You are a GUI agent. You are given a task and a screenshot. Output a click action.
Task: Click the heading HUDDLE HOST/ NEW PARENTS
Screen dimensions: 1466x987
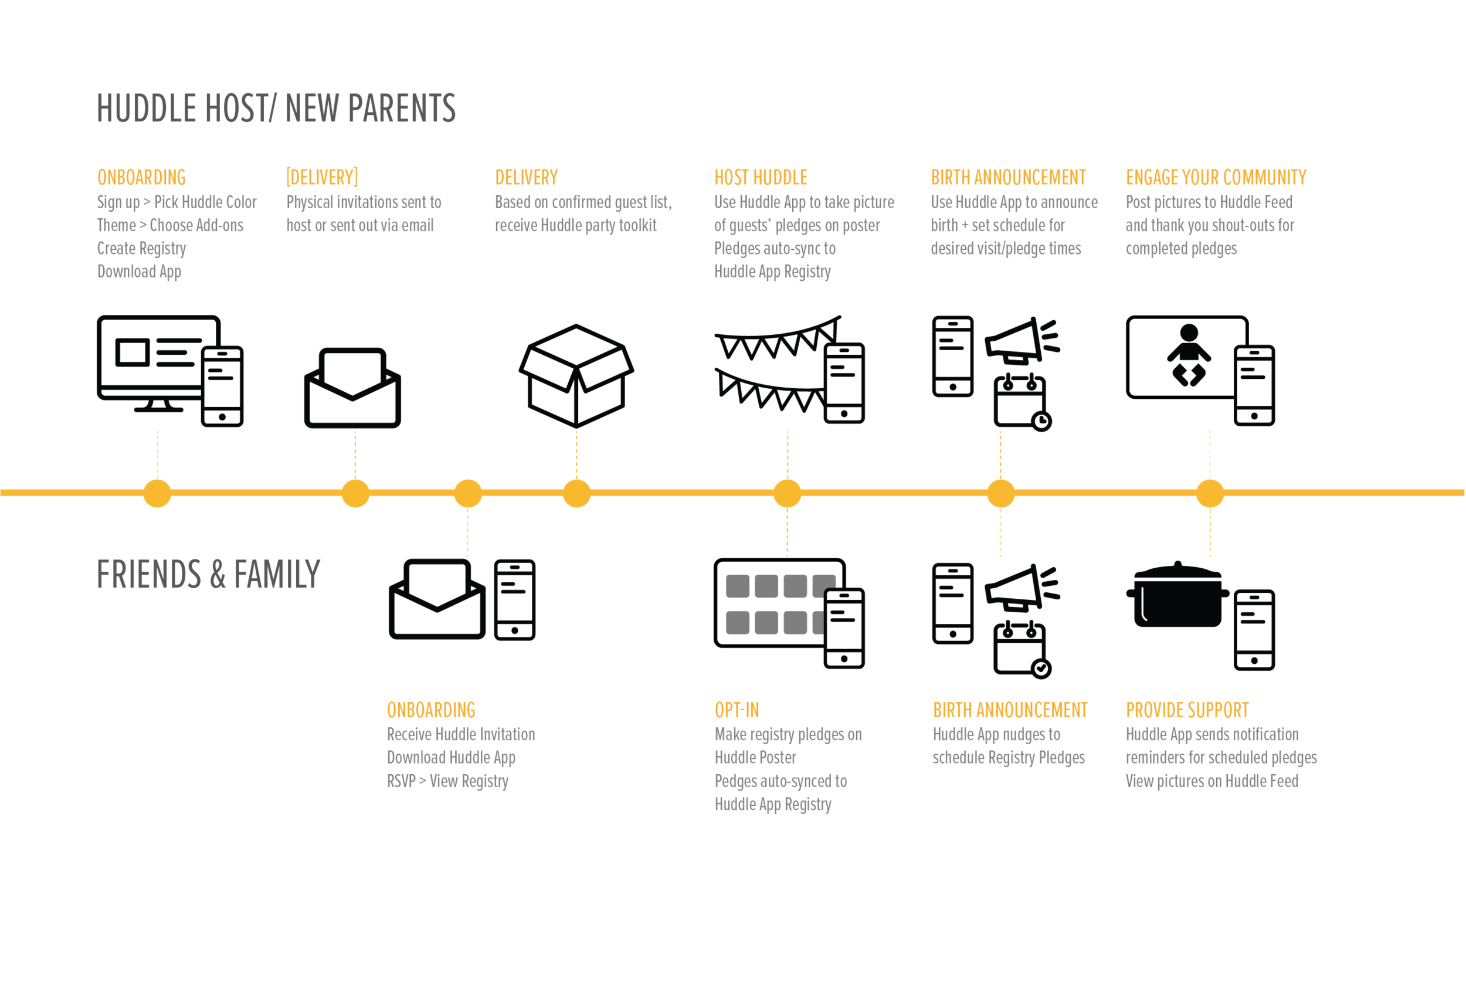pos(276,108)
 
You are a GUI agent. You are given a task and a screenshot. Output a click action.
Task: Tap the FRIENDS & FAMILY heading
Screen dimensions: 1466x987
pos(208,574)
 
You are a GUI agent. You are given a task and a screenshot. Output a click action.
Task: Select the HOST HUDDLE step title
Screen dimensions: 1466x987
pos(761,178)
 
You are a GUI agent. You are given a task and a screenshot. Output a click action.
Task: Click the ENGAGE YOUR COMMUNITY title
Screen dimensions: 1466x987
pos(1216,178)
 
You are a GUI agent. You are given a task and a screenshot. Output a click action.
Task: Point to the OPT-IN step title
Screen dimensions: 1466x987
pos(737,710)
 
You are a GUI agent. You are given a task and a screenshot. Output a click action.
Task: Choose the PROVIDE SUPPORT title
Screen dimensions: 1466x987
pos(1186,710)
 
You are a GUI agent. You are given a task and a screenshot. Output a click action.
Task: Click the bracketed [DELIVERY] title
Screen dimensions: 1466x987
pos(322,178)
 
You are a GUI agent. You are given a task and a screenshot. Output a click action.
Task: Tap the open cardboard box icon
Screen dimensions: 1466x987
pos(576,376)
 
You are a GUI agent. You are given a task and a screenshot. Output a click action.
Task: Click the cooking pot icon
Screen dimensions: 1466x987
pos(1177,595)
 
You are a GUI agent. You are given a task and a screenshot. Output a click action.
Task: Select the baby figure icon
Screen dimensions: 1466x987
pos(1189,355)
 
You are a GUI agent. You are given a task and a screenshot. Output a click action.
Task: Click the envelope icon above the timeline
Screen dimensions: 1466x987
pos(352,388)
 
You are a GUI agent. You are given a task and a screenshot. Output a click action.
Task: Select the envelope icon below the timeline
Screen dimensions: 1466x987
pos(437,599)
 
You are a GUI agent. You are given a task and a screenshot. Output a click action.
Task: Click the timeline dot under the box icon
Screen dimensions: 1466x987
pos(576,493)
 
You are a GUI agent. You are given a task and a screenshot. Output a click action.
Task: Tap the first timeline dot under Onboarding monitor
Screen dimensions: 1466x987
pos(157,493)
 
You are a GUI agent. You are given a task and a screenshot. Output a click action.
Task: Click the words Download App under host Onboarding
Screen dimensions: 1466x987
pos(139,272)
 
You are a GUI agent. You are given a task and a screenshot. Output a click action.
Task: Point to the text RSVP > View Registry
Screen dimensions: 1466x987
pos(447,781)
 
